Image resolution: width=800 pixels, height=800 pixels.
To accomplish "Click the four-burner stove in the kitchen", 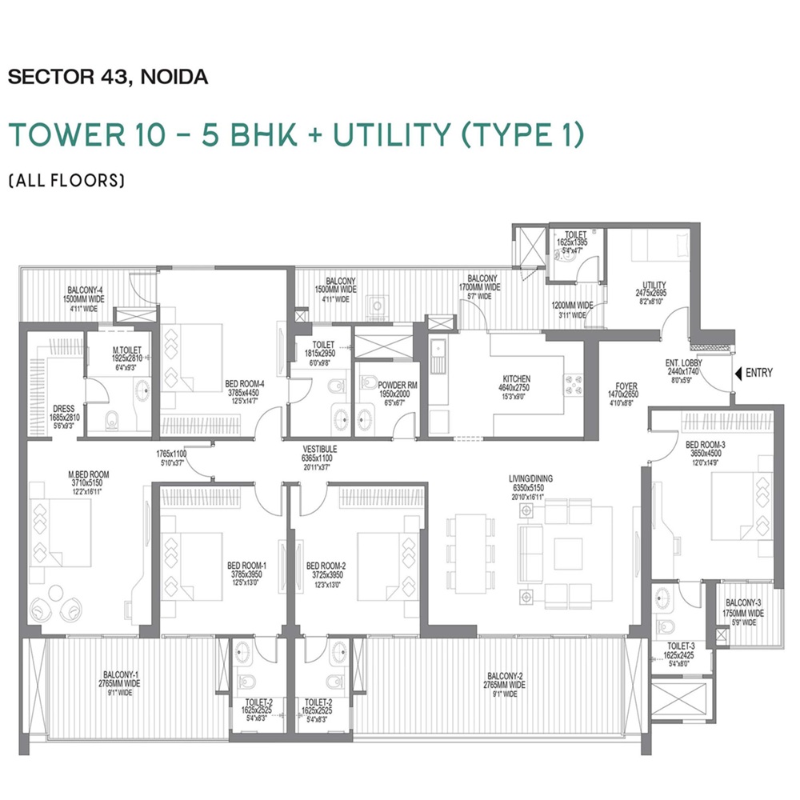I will (x=574, y=385).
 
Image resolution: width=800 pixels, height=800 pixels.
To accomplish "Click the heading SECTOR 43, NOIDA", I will (x=108, y=78).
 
